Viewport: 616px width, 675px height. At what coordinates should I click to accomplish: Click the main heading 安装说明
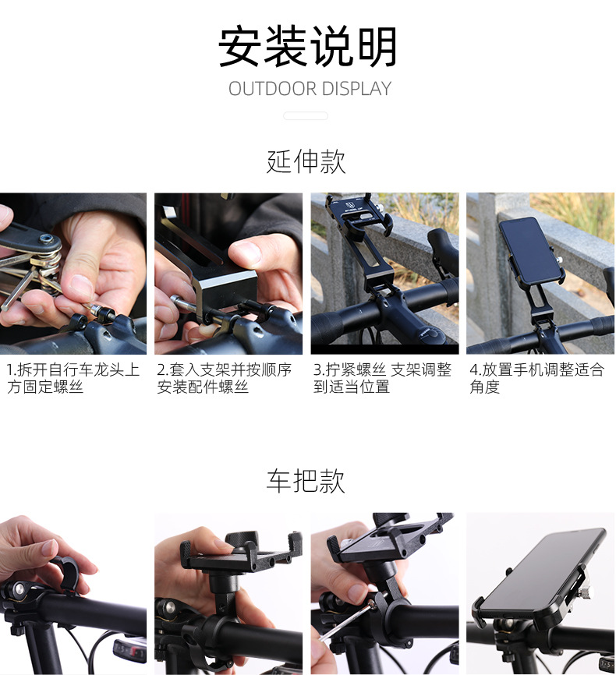(x=307, y=47)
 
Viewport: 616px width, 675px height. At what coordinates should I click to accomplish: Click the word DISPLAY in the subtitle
(x=354, y=89)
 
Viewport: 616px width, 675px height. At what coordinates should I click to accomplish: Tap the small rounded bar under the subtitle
(x=306, y=116)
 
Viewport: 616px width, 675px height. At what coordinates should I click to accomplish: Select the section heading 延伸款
(x=306, y=161)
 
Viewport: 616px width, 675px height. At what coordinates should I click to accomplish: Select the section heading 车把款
(x=306, y=481)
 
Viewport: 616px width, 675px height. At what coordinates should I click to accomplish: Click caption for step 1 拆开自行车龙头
(x=73, y=378)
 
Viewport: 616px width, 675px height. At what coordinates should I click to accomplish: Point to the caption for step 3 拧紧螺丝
(x=382, y=378)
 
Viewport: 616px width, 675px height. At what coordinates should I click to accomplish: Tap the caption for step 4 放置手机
(x=536, y=378)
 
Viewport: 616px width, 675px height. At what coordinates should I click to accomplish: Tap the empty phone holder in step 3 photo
(x=360, y=234)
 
